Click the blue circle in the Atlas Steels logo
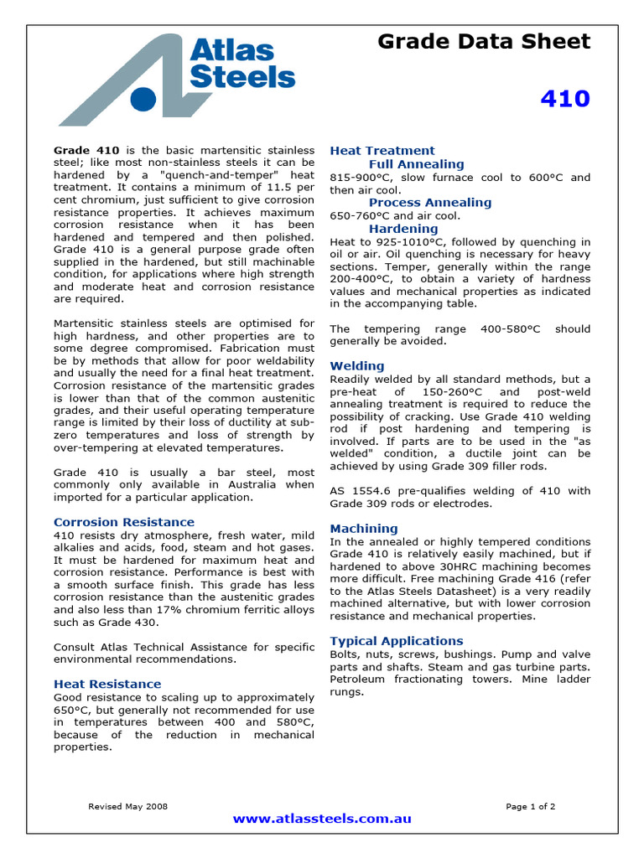coord(143,99)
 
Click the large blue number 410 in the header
coord(565,99)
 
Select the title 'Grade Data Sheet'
coord(483,41)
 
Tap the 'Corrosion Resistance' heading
coord(123,522)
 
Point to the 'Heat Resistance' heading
coord(107,684)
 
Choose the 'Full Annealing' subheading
coord(416,164)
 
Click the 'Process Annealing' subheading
coord(430,202)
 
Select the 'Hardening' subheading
coord(403,229)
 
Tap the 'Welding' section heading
coord(357,365)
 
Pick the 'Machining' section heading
coord(364,529)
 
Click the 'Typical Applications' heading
coord(397,641)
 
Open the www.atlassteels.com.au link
coord(322,819)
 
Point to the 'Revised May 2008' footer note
coord(128,807)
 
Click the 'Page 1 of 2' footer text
coord(530,807)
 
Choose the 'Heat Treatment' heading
coord(382,151)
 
